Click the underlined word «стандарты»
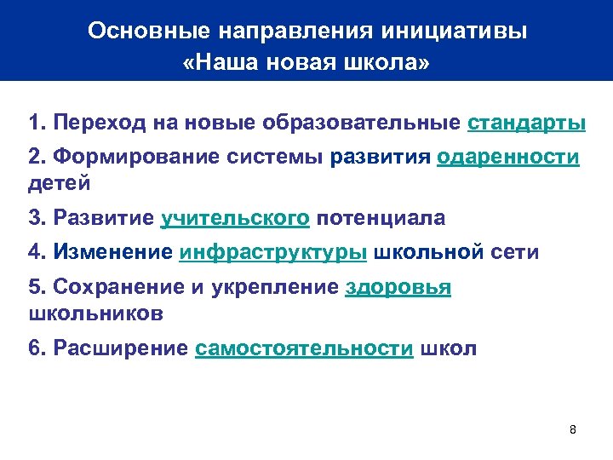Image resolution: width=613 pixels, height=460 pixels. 526,123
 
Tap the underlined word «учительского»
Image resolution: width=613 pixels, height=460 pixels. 235,218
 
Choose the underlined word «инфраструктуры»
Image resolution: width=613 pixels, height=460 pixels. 274,253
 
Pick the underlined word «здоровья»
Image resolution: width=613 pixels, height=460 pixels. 398,289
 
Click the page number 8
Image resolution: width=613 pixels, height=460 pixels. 573,428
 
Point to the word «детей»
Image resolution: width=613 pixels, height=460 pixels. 59,182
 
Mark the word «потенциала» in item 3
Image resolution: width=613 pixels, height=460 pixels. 381,218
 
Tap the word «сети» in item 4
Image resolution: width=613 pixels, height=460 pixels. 513,253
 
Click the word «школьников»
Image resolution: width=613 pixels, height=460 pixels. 95,312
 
